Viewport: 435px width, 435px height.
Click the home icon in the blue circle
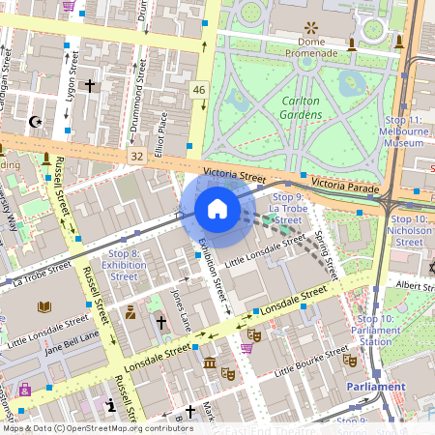217,209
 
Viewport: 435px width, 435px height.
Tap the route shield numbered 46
199,90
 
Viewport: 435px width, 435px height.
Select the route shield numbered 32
136,155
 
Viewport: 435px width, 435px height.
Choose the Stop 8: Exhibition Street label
124,265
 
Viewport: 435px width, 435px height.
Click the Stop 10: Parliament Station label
375,331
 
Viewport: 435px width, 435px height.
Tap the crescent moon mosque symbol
37,122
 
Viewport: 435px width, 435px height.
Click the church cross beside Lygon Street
90,86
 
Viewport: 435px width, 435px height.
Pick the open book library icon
43,307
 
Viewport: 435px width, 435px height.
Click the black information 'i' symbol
112,405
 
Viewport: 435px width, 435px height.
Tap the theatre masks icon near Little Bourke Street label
350,360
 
